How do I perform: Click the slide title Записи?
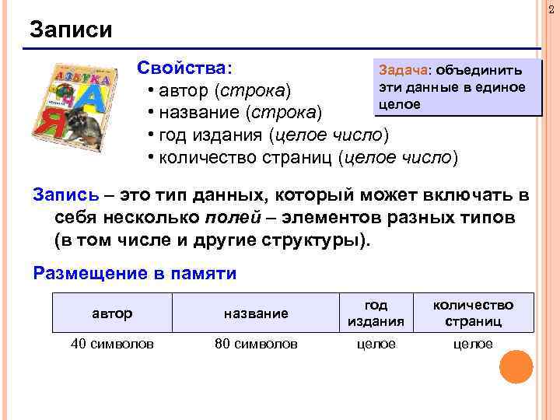point(71,30)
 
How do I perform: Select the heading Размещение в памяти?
point(135,274)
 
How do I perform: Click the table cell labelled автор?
point(112,313)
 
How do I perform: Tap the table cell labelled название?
point(256,313)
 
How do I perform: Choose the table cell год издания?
point(376,313)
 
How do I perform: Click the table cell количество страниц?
point(473,313)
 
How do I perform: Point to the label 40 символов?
point(112,344)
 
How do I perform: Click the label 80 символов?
point(256,344)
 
